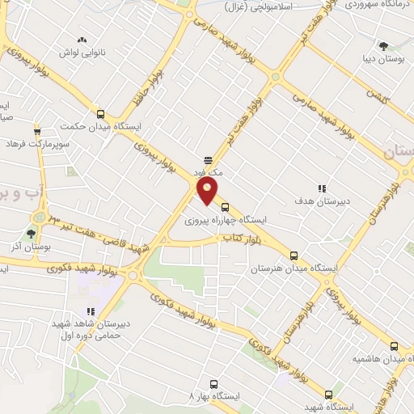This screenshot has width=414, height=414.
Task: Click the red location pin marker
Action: [x=208, y=191]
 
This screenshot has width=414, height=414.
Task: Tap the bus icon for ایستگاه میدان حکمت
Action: [x=100, y=114]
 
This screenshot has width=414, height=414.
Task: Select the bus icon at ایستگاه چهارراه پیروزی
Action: [x=225, y=206]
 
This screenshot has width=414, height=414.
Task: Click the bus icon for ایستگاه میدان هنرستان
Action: [x=294, y=254]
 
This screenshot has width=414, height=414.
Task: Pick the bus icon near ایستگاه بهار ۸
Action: [x=213, y=384]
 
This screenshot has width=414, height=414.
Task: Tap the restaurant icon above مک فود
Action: [x=208, y=159]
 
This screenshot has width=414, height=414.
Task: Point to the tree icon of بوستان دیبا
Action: [x=383, y=46]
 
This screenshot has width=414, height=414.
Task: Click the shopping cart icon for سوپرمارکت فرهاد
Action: [x=37, y=131]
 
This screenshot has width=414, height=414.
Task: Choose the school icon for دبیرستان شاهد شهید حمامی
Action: [x=91, y=310]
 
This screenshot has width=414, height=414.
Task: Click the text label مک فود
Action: [x=207, y=172]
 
